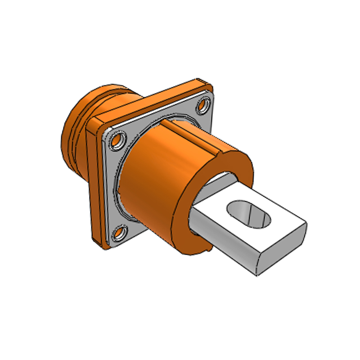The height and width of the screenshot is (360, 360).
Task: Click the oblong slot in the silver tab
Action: [x=248, y=213]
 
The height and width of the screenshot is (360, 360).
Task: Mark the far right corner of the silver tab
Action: [x=306, y=224]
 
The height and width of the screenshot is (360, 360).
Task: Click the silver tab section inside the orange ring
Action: [x=216, y=182]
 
